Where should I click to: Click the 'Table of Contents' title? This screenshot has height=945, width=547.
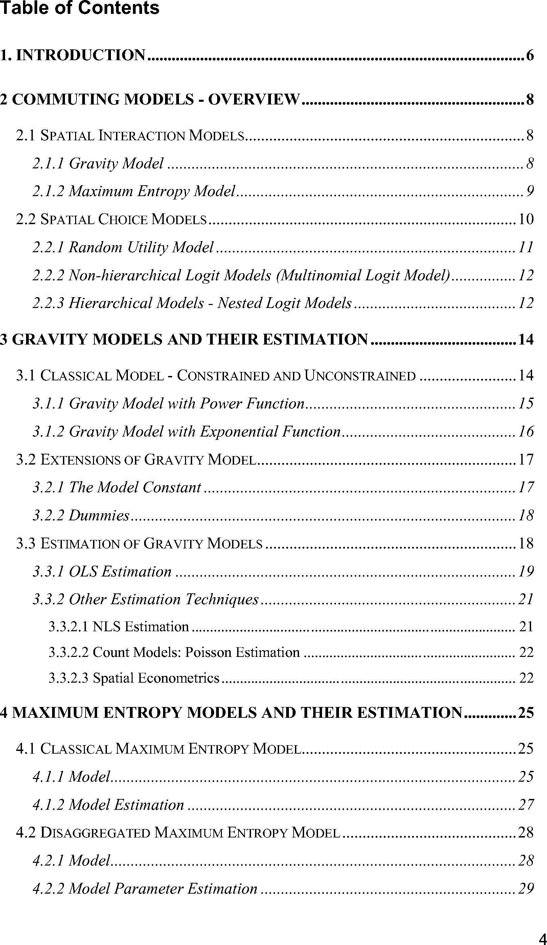coord(79,8)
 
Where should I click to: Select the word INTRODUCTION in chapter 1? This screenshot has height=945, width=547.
coord(81,55)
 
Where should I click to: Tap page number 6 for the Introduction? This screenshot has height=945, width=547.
coord(529,55)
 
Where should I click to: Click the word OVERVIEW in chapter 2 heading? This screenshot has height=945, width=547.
coord(254,100)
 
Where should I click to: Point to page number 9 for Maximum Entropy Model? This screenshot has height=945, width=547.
coord(530,192)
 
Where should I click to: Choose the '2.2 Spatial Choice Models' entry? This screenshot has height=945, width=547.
coord(111,219)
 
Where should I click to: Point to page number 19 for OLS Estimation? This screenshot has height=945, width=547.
coord(526,571)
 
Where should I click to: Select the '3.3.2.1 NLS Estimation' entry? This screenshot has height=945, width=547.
coord(118,627)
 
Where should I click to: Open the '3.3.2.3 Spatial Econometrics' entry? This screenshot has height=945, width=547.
coord(134,678)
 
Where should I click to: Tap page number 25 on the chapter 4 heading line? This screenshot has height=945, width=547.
coord(526,712)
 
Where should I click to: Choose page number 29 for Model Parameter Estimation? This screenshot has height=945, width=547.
coord(526,889)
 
